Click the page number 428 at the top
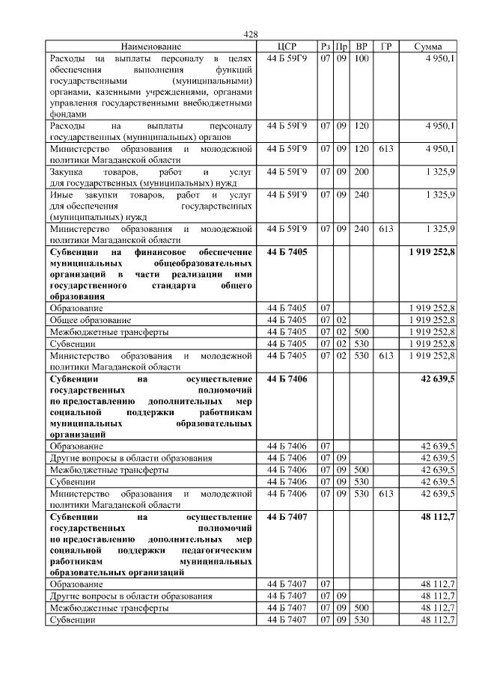tap(251, 34)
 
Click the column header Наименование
tap(150, 46)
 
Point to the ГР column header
tap(386, 46)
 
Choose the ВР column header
tap(362, 46)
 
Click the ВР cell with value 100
tap(361, 58)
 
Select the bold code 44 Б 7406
tap(287, 379)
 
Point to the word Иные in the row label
tap(60, 195)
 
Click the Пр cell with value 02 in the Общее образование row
tap(341, 319)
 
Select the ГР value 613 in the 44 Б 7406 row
tap(386, 494)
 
